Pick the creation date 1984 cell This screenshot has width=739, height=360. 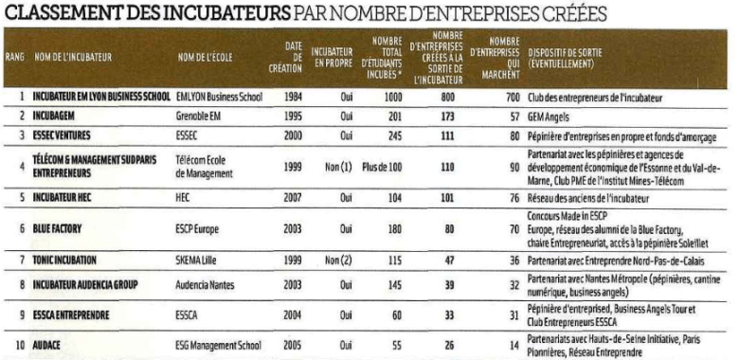click(293, 97)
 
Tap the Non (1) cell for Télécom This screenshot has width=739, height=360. click(333, 167)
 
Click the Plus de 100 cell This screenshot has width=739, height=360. click(383, 167)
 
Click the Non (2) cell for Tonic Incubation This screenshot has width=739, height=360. click(333, 260)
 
